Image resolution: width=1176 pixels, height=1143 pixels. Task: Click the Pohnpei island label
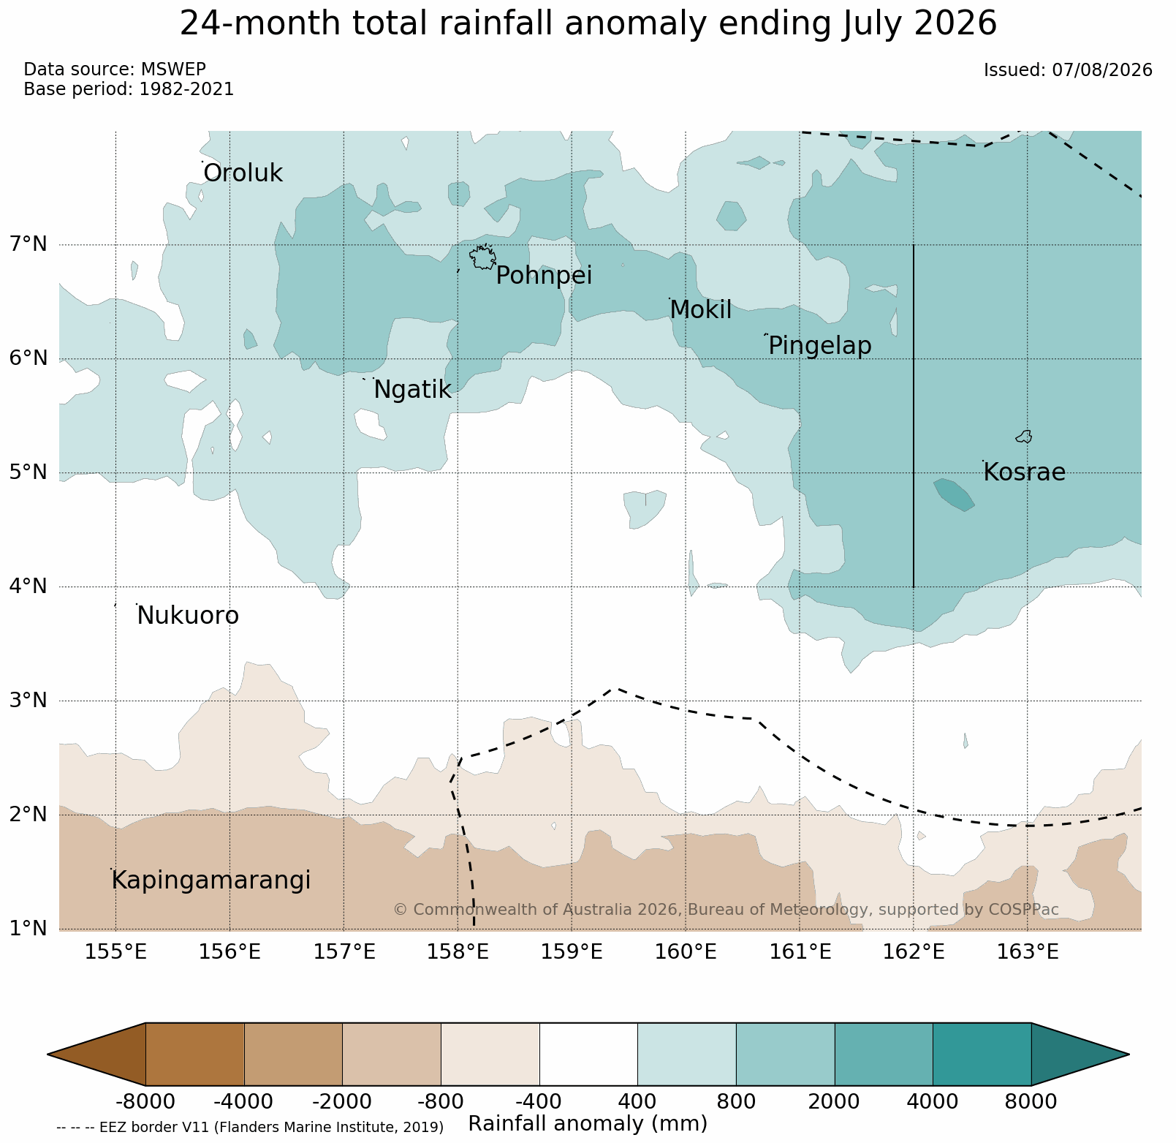(544, 276)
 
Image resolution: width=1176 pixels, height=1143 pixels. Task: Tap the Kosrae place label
(1024, 472)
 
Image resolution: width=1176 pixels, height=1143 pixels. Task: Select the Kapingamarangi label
(211, 880)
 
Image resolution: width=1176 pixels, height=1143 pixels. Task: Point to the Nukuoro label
(188, 616)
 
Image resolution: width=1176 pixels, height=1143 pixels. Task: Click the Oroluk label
(243, 173)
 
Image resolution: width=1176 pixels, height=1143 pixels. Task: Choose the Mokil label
(700, 310)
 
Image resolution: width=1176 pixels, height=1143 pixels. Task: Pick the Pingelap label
(820, 346)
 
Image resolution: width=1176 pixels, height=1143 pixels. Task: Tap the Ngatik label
(412, 390)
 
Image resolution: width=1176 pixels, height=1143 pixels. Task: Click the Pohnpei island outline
(482, 257)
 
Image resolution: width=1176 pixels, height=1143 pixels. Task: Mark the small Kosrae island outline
(1024, 437)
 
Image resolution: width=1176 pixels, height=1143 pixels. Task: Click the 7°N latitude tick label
(29, 244)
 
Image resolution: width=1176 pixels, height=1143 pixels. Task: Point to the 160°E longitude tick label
(686, 952)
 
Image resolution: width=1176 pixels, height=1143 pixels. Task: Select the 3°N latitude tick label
(29, 701)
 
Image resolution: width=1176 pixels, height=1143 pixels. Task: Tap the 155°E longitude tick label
(116, 952)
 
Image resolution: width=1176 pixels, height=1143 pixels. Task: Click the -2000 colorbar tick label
(342, 1101)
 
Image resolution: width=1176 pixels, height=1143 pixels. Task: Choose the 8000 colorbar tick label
(1031, 1101)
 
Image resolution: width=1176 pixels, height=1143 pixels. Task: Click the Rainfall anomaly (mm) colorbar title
(588, 1124)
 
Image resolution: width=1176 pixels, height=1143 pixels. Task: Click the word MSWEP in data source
(173, 69)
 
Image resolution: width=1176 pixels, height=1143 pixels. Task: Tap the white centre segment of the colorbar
(588, 1054)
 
